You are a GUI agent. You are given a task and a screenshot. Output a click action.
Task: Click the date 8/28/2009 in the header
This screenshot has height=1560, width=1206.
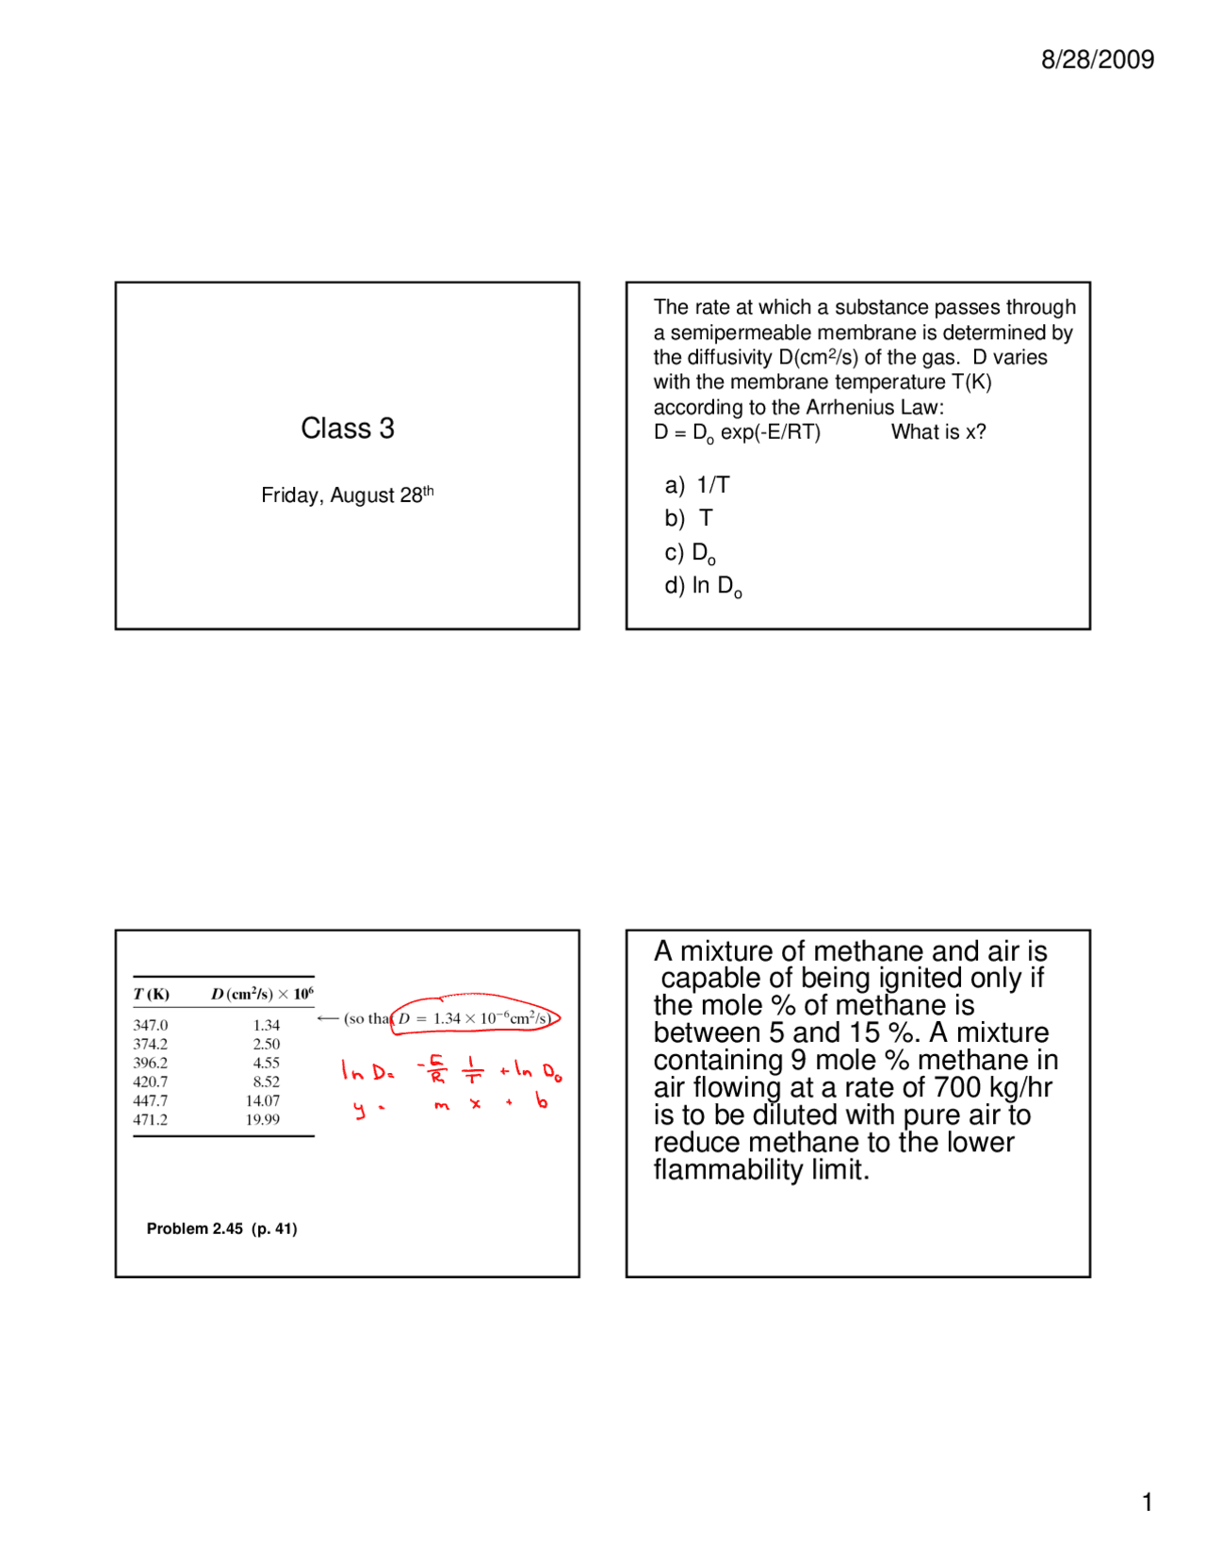(1097, 59)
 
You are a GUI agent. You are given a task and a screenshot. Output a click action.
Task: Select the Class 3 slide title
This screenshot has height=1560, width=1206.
(348, 429)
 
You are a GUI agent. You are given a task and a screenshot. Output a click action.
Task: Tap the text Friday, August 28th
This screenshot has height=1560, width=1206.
(347, 495)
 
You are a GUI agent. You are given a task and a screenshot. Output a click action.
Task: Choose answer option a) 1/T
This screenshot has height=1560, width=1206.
(697, 485)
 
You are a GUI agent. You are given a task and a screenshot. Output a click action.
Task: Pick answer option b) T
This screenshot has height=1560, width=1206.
(689, 518)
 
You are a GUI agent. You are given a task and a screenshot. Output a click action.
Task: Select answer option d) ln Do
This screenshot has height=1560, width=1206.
(703, 586)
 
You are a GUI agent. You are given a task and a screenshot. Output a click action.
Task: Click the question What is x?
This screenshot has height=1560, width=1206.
(938, 432)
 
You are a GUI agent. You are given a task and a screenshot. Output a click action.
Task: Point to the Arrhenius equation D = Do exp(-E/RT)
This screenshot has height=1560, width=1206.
(737, 432)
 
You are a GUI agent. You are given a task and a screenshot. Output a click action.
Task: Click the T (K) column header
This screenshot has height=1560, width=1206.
(151, 994)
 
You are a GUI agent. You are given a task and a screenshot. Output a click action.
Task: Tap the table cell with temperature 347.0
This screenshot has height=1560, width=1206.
(151, 1025)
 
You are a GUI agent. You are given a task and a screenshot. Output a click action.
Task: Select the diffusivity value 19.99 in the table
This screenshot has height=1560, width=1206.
(263, 1119)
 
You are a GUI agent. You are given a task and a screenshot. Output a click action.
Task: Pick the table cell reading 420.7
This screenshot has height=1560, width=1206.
(151, 1081)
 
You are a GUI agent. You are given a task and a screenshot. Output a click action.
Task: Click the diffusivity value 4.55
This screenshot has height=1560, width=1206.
(266, 1063)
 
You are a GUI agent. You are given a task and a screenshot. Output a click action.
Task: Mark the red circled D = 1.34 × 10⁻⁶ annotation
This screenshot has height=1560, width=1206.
(475, 1017)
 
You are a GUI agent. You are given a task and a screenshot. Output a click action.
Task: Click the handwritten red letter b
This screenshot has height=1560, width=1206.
(542, 1099)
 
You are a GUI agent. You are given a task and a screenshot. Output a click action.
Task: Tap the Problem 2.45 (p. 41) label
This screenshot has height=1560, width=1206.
(221, 1228)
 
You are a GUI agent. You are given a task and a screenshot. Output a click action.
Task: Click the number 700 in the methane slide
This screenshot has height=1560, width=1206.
(957, 1088)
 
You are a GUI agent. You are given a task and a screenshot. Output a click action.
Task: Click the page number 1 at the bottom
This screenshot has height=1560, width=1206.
(1147, 1502)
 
